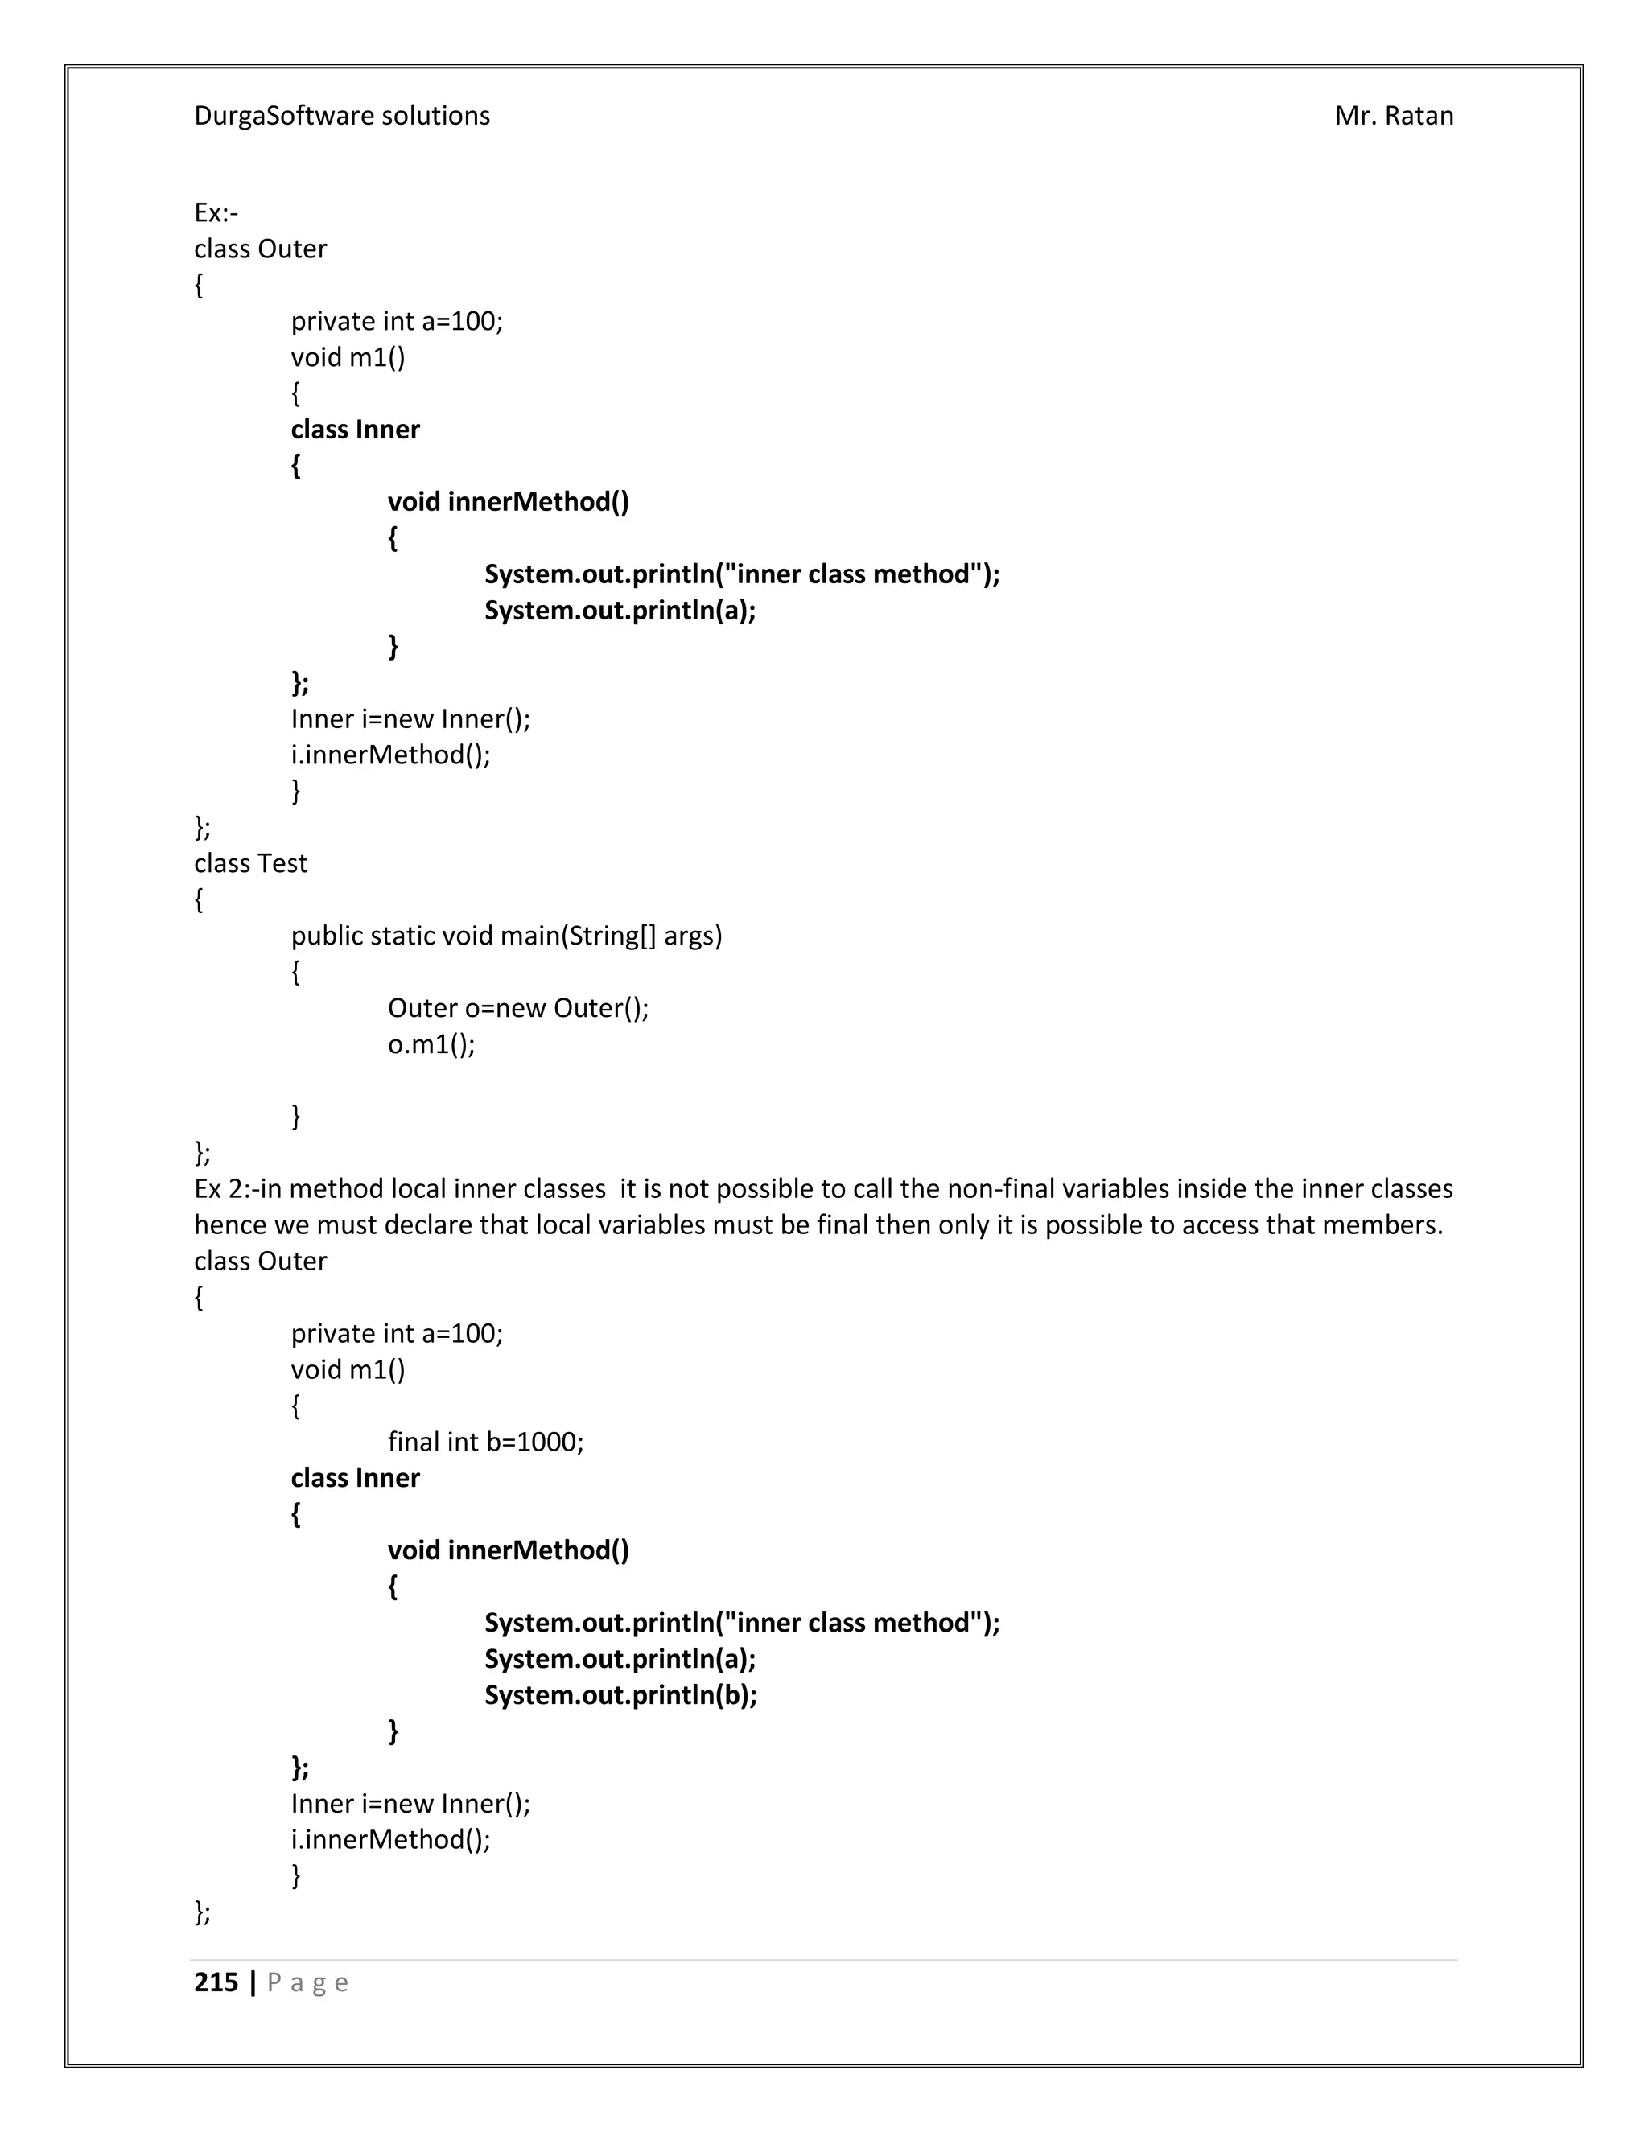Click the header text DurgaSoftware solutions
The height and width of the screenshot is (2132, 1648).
point(342,116)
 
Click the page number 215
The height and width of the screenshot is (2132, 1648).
point(216,1982)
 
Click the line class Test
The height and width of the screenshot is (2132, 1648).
point(250,863)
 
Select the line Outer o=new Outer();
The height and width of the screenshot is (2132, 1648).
point(517,1007)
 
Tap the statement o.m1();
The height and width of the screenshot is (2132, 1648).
point(431,1043)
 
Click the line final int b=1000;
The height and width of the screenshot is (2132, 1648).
point(485,1442)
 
